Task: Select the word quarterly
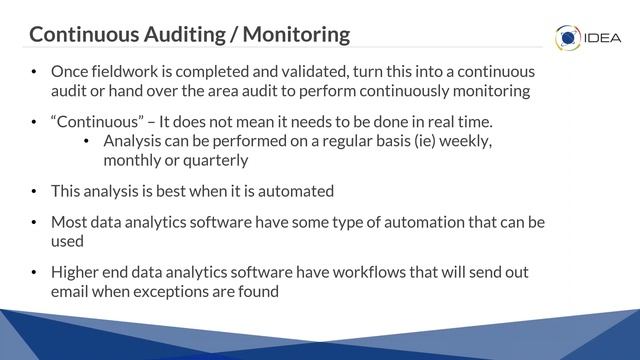point(215,159)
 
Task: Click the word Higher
point(76,273)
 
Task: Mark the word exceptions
point(177,291)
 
